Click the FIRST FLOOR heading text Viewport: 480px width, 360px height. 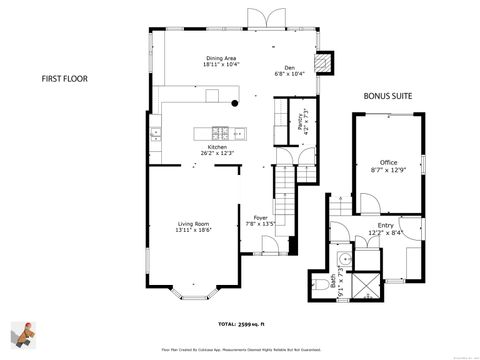65,77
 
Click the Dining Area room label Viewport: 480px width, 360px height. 221,59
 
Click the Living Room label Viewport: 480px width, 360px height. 193,225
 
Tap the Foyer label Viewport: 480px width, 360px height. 261,218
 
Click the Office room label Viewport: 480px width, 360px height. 388,162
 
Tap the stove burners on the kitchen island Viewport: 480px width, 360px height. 220,133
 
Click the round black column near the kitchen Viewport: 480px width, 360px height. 234,102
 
